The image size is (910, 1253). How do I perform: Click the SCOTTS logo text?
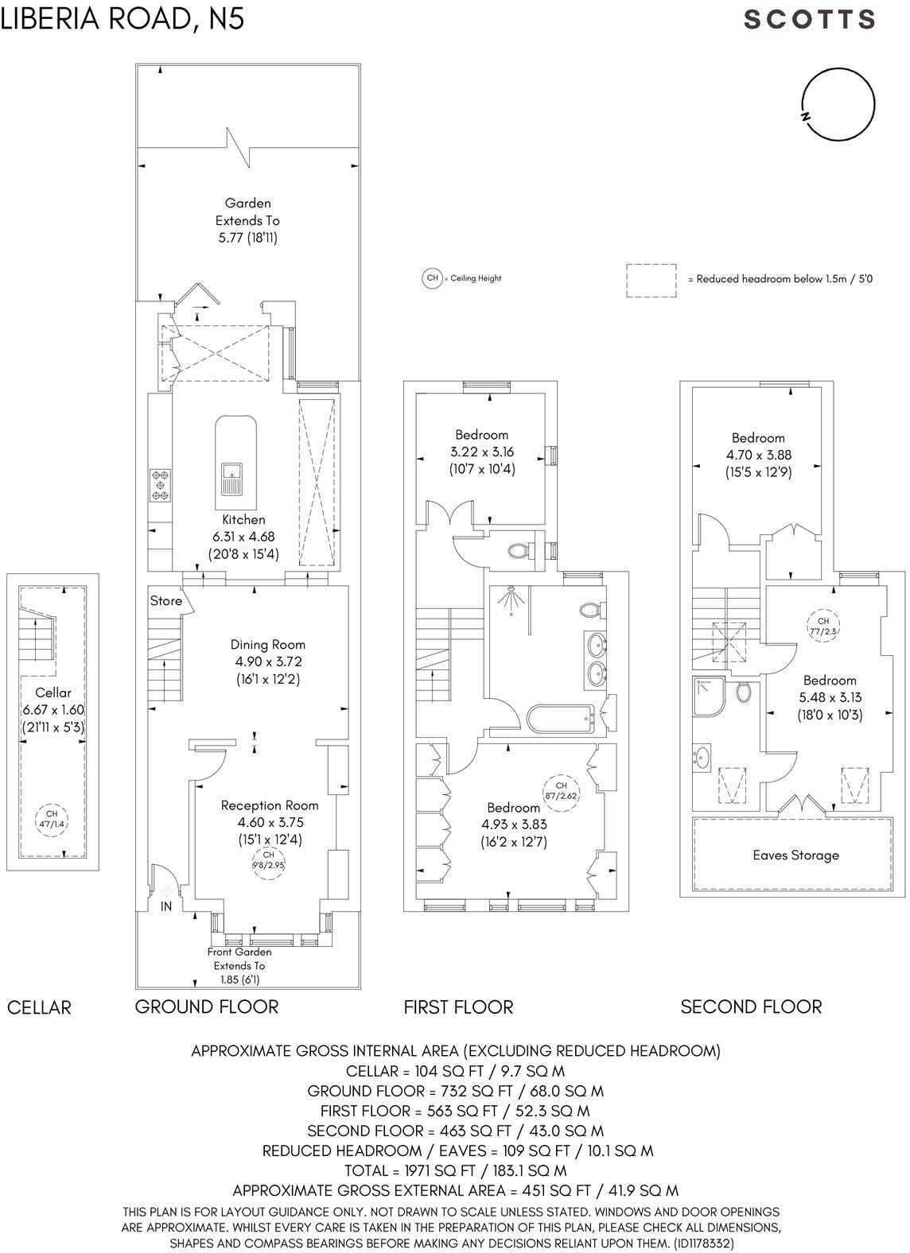[810, 19]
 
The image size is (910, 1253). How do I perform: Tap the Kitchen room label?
[243, 519]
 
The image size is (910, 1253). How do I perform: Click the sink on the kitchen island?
[235, 479]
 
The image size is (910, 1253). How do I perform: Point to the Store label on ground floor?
[166, 601]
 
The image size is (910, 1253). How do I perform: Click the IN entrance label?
[167, 906]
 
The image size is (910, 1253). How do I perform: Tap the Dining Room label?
[267, 645]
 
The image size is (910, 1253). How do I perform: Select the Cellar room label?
[52, 692]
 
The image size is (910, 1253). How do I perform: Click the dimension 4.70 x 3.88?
[758, 456]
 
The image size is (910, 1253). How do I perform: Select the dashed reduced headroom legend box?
[651, 281]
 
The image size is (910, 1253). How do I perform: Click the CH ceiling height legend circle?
[432, 278]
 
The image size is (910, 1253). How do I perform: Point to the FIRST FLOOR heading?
[458, 1007]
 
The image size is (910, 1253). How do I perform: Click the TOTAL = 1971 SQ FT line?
[455, 1170]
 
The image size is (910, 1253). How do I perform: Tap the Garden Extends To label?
[247, 211]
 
